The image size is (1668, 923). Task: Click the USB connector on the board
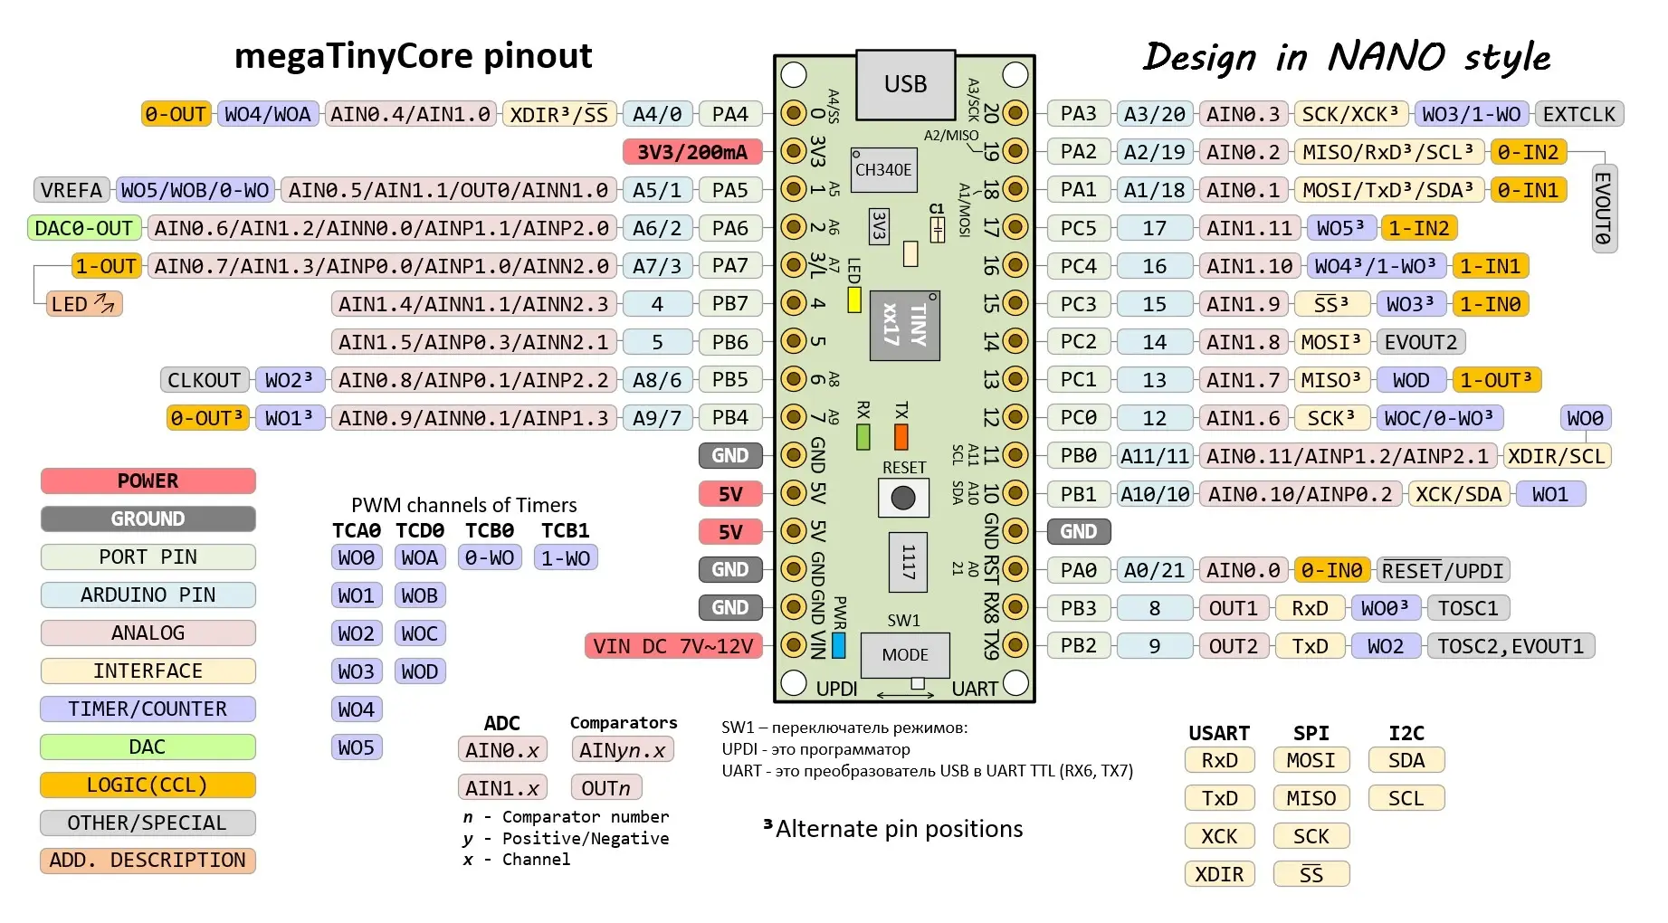[x=905, y=84]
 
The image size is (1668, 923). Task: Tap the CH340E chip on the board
[x=883, y=170]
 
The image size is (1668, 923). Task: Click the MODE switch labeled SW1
[x=905, y=655]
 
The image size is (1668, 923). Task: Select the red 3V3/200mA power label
[x=692, y=152]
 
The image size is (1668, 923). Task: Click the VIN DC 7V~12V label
[x=673, y=646]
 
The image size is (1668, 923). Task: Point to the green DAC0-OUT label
[x=84, y=228]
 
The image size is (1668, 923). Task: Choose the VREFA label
[x=71, y=190]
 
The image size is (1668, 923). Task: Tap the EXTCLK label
[x=1579, y=114]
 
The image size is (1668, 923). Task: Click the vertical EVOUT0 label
[x=1604, y=208]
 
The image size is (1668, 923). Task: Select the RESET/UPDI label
[x=1443, y=570]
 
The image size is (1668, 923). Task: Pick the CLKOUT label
[x=205, y=380]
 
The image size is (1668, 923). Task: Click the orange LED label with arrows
[x=83, y=304]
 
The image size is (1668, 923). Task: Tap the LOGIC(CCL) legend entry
[x=148, y=785]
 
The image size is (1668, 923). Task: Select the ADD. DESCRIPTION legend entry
[x=148, y=861]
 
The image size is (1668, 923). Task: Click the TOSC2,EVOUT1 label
[x=1511, y=646]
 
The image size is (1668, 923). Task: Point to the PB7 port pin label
[x=729, y=304]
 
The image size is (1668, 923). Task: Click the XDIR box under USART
[x=1219, y=874]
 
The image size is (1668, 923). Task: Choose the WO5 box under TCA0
[x=356, y=747]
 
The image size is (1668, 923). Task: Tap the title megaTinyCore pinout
[x=413, y=56]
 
